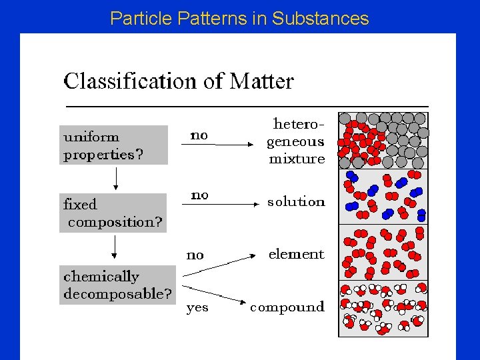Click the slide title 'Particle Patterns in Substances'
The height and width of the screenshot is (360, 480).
239,18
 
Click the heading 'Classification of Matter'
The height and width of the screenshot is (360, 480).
178,81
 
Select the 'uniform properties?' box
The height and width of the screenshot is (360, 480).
113,145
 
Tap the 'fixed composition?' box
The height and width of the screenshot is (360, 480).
113,213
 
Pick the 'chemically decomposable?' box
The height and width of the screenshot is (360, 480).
117,285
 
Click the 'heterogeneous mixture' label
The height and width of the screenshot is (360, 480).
295,141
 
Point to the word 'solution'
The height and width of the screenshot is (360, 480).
296,201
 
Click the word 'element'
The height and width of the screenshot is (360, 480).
296,254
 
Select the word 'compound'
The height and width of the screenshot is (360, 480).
287,307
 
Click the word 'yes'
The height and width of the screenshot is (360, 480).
197,307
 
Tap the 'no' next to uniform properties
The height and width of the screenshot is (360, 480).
199,135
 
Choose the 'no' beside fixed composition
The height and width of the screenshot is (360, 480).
199,195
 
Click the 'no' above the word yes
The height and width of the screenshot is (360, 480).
195,255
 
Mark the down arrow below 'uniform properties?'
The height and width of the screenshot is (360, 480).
116,178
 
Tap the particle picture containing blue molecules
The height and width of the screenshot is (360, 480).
383,195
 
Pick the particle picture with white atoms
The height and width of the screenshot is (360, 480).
383,309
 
